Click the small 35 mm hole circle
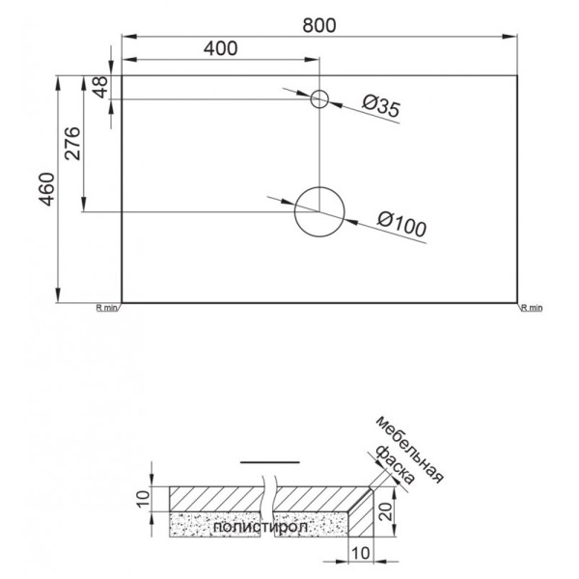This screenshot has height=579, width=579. [320, 98]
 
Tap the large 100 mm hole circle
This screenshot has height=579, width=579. [319, 211]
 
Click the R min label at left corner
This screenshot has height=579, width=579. [106, 308]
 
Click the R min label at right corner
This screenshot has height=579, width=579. [532, 308]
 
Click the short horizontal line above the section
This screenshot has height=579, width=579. [263, 463]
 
